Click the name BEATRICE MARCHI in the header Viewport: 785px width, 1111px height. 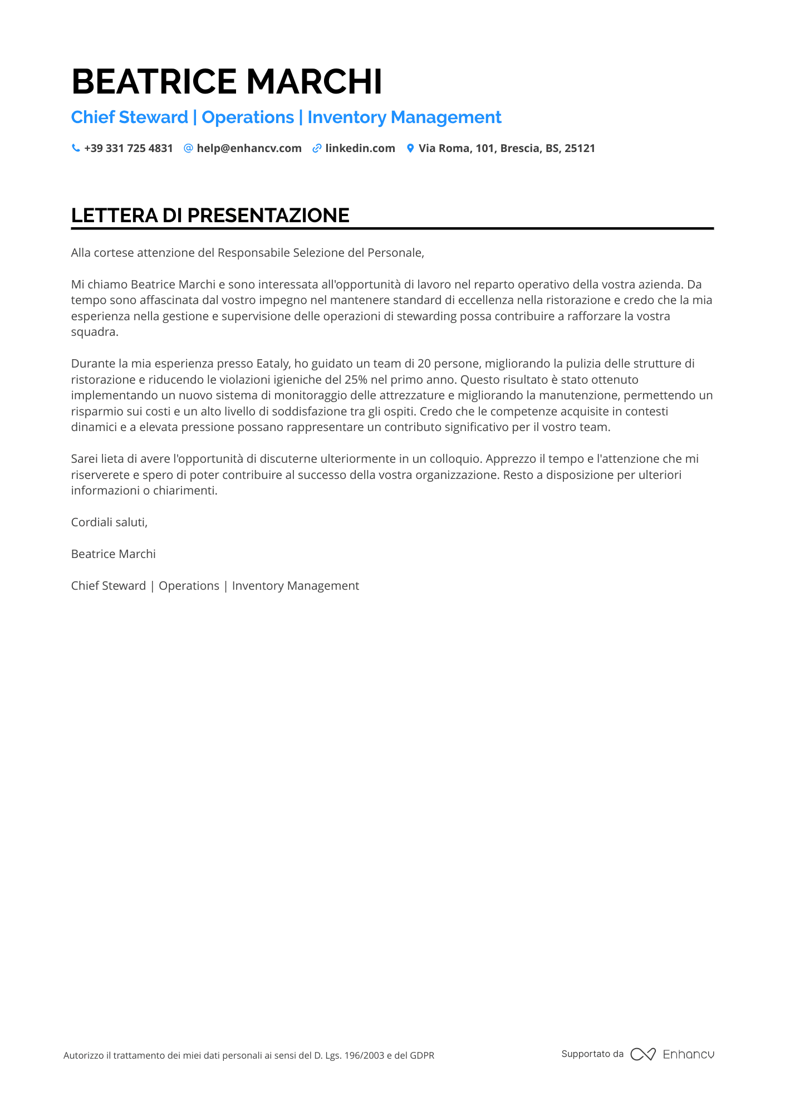click(227, 82)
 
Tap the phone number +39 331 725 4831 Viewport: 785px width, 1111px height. click(128, 148)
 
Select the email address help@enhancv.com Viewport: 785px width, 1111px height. click(249, 148)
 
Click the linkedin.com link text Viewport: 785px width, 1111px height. click(360, 148)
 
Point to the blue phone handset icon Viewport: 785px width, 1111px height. click(76, 148)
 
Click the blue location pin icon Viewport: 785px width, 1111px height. click(410, 148)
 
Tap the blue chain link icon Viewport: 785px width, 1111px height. click(317, 148)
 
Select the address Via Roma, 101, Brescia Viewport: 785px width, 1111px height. click(507, 148)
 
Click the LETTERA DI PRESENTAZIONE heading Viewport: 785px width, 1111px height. click(210, 216)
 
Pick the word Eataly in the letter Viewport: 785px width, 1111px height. click(273, 364)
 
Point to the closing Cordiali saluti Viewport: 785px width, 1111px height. click(109, 522)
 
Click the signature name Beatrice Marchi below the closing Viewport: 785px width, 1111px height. click(114, 554)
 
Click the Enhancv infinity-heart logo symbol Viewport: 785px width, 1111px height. click(642, 1054)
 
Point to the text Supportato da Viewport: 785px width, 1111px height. click(592, 1054)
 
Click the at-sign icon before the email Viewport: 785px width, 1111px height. click(188, 148)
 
